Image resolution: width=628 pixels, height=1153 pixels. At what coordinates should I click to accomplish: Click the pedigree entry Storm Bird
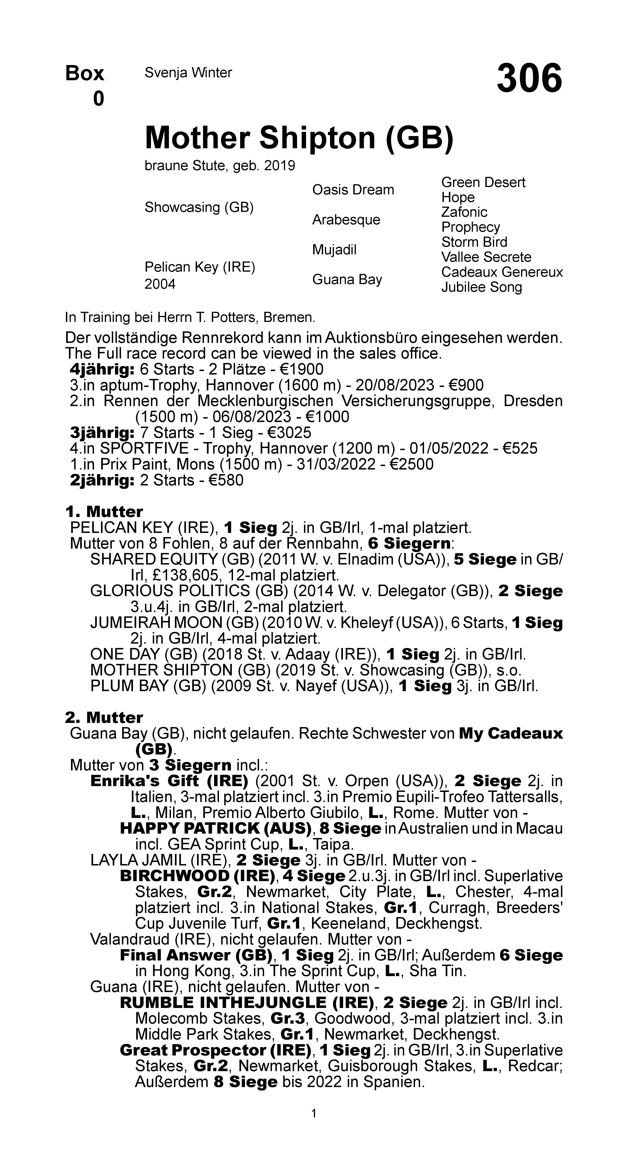(474, 242)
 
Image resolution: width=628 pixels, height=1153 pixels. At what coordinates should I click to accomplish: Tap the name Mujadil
(334, 250)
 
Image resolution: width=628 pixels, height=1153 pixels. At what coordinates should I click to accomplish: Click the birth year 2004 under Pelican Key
(160, 284)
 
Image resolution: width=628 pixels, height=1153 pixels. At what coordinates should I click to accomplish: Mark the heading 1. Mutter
(104, 512)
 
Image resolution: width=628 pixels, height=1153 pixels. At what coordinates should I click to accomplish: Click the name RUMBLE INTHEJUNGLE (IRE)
(246, 1003)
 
